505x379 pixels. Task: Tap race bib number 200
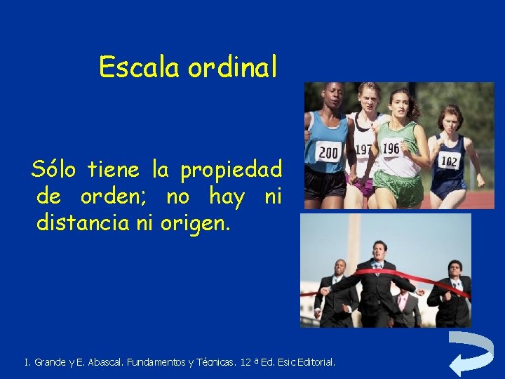coord(328,152)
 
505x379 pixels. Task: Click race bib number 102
coord(449,161)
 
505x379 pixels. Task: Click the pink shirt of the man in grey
coord(403,302)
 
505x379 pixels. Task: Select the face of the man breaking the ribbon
coord(379,251)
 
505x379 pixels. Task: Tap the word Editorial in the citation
coord(316,363)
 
